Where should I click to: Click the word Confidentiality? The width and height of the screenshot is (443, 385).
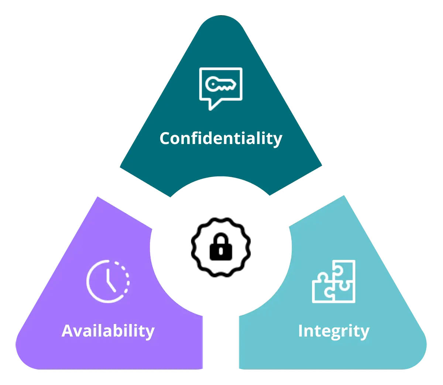click(x=221, y=139)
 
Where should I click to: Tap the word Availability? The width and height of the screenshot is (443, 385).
click(x=108, y=331)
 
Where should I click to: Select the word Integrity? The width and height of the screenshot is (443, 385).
click(x=334, y=331)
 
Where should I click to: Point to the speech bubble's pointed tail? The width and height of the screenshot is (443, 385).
click(x=214, y=105)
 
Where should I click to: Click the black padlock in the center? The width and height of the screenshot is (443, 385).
click(x=221, y=246)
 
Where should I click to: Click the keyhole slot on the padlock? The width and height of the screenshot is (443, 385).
click(x=221, y=251)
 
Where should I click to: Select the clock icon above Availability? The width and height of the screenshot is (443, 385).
click(x=108, y=281)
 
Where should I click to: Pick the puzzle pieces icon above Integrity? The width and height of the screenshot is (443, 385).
click(x=333, y=281)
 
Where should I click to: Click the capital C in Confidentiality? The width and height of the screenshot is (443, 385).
click(x=166, y=138)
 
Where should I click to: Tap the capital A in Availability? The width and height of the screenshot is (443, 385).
click(x=68, y=331)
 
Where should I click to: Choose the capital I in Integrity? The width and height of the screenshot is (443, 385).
click(x=301, y=331)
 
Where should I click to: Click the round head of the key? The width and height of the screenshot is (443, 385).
click(x=212, y=84)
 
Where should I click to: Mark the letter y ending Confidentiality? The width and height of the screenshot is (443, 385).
click(x=277, y=140)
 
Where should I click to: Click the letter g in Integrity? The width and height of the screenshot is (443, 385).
click(x=335, y=333)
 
